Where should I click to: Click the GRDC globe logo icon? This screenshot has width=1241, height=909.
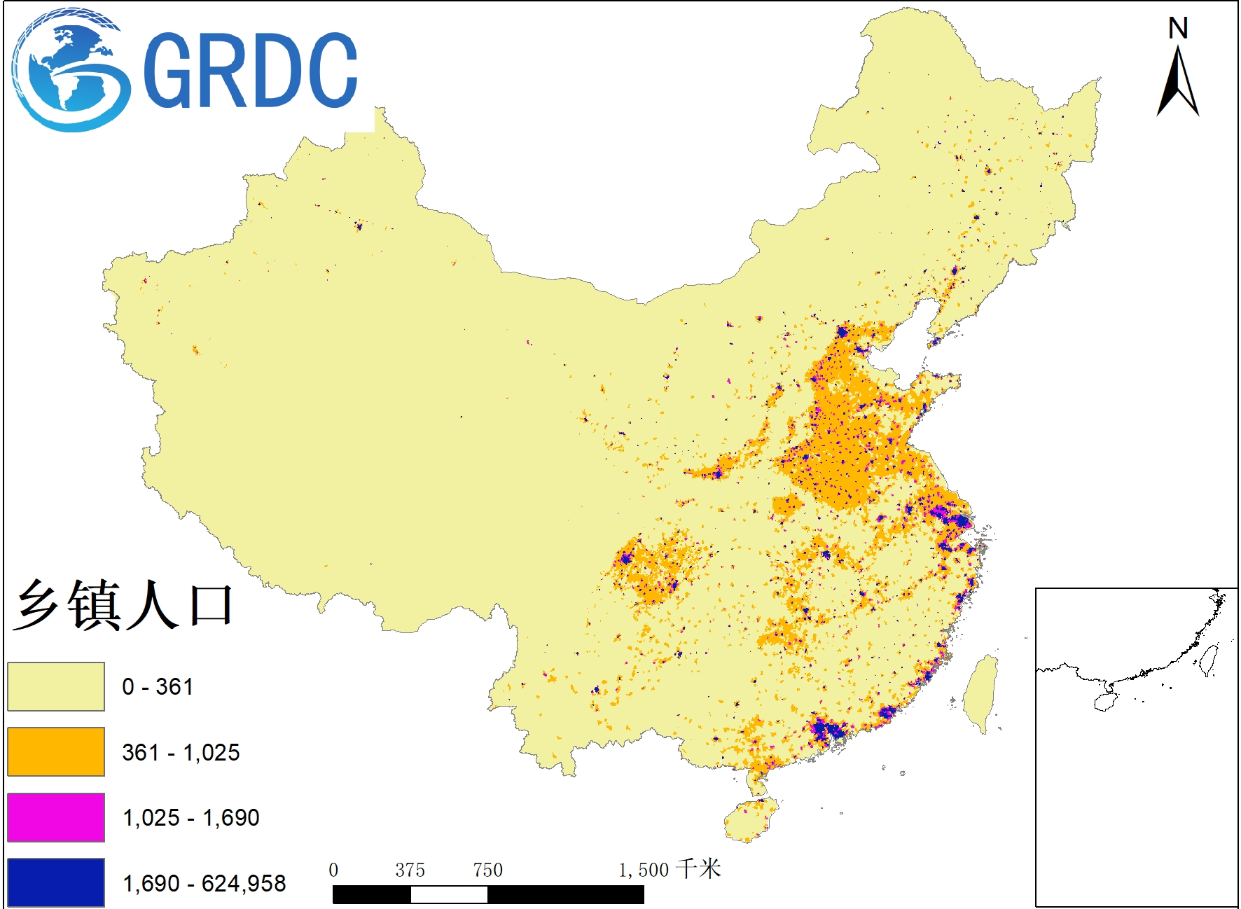coord(70,70)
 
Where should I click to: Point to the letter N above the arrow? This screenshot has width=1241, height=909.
coord(1178,29)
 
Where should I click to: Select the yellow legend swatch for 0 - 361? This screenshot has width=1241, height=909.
coord(56,686)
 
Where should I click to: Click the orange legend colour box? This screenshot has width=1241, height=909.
coord(56,751)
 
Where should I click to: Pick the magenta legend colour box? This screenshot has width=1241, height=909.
coord(56,817)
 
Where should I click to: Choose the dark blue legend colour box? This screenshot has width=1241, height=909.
coord(56,882)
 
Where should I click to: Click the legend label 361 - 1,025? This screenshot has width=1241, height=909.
coord(181,752)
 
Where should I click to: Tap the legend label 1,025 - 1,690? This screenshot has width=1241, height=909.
coord(190,817)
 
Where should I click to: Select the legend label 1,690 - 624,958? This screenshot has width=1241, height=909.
coord(204,883)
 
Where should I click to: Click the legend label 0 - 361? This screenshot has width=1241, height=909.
coord(157,686)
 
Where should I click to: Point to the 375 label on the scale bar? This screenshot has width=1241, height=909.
coord(410,870)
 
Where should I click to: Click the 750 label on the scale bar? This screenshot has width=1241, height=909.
coord(487,870)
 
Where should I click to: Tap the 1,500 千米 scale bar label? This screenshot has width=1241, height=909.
coord(669,870)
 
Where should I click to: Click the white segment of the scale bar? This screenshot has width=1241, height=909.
coord(449,894)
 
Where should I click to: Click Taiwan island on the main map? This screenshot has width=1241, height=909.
coord(980,693)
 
